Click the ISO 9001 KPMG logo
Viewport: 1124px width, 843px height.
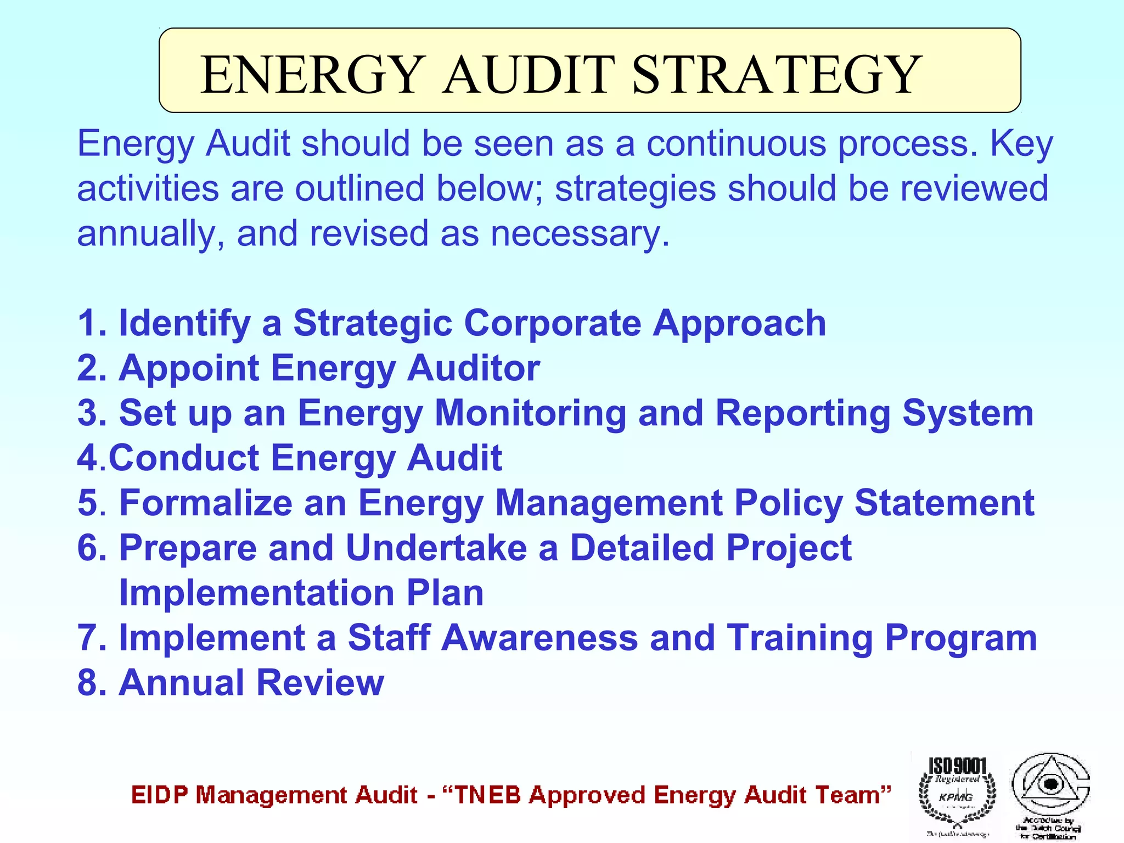click(957, 794)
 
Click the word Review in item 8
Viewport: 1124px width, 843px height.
click(321, 683)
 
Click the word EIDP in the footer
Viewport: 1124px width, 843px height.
click(160, 795)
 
